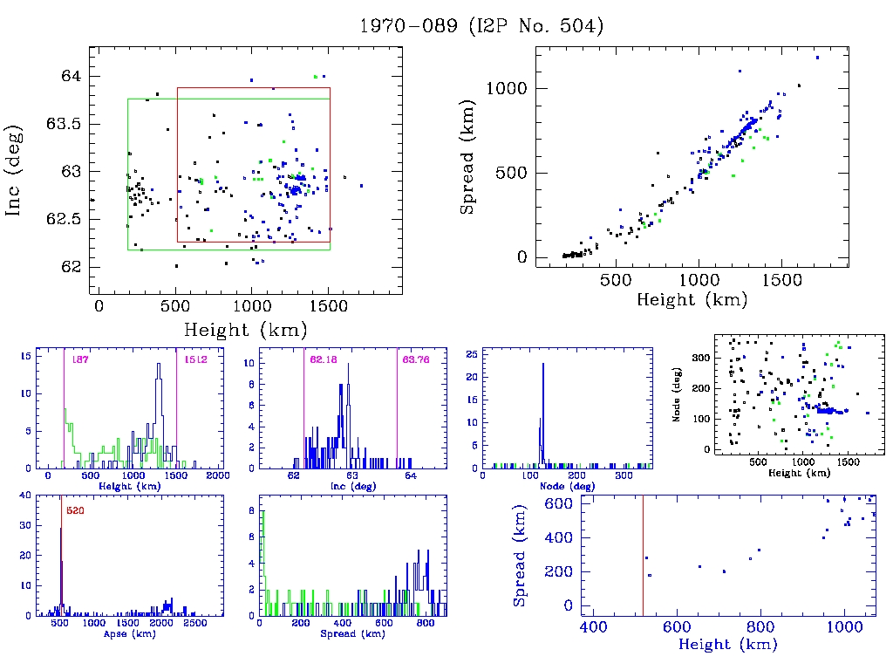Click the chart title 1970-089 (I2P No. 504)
pos(481,26)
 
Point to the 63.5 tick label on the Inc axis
pos(66,124)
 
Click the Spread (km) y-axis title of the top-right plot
pos(468,170)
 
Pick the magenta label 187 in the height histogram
pos(80,359)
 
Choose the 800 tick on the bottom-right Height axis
pos(760,628)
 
